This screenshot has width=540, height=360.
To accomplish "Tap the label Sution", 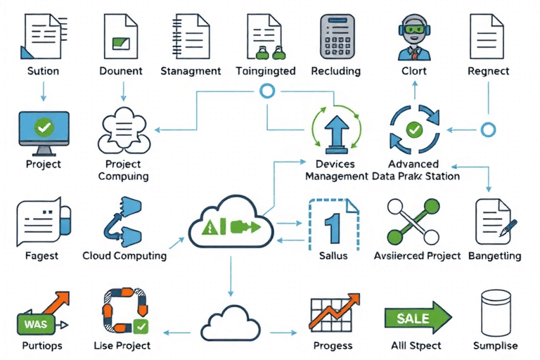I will pos(43,70).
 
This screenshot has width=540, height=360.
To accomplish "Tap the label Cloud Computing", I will pos(124,255).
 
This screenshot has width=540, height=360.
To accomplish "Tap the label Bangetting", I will pos(496,255).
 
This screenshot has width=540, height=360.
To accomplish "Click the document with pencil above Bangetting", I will pos(495,220).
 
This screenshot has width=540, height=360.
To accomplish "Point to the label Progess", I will pos(334,345).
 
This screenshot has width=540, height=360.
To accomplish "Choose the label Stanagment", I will pos(191,70).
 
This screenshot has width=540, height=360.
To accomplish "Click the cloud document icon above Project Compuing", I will pos(124,131).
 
